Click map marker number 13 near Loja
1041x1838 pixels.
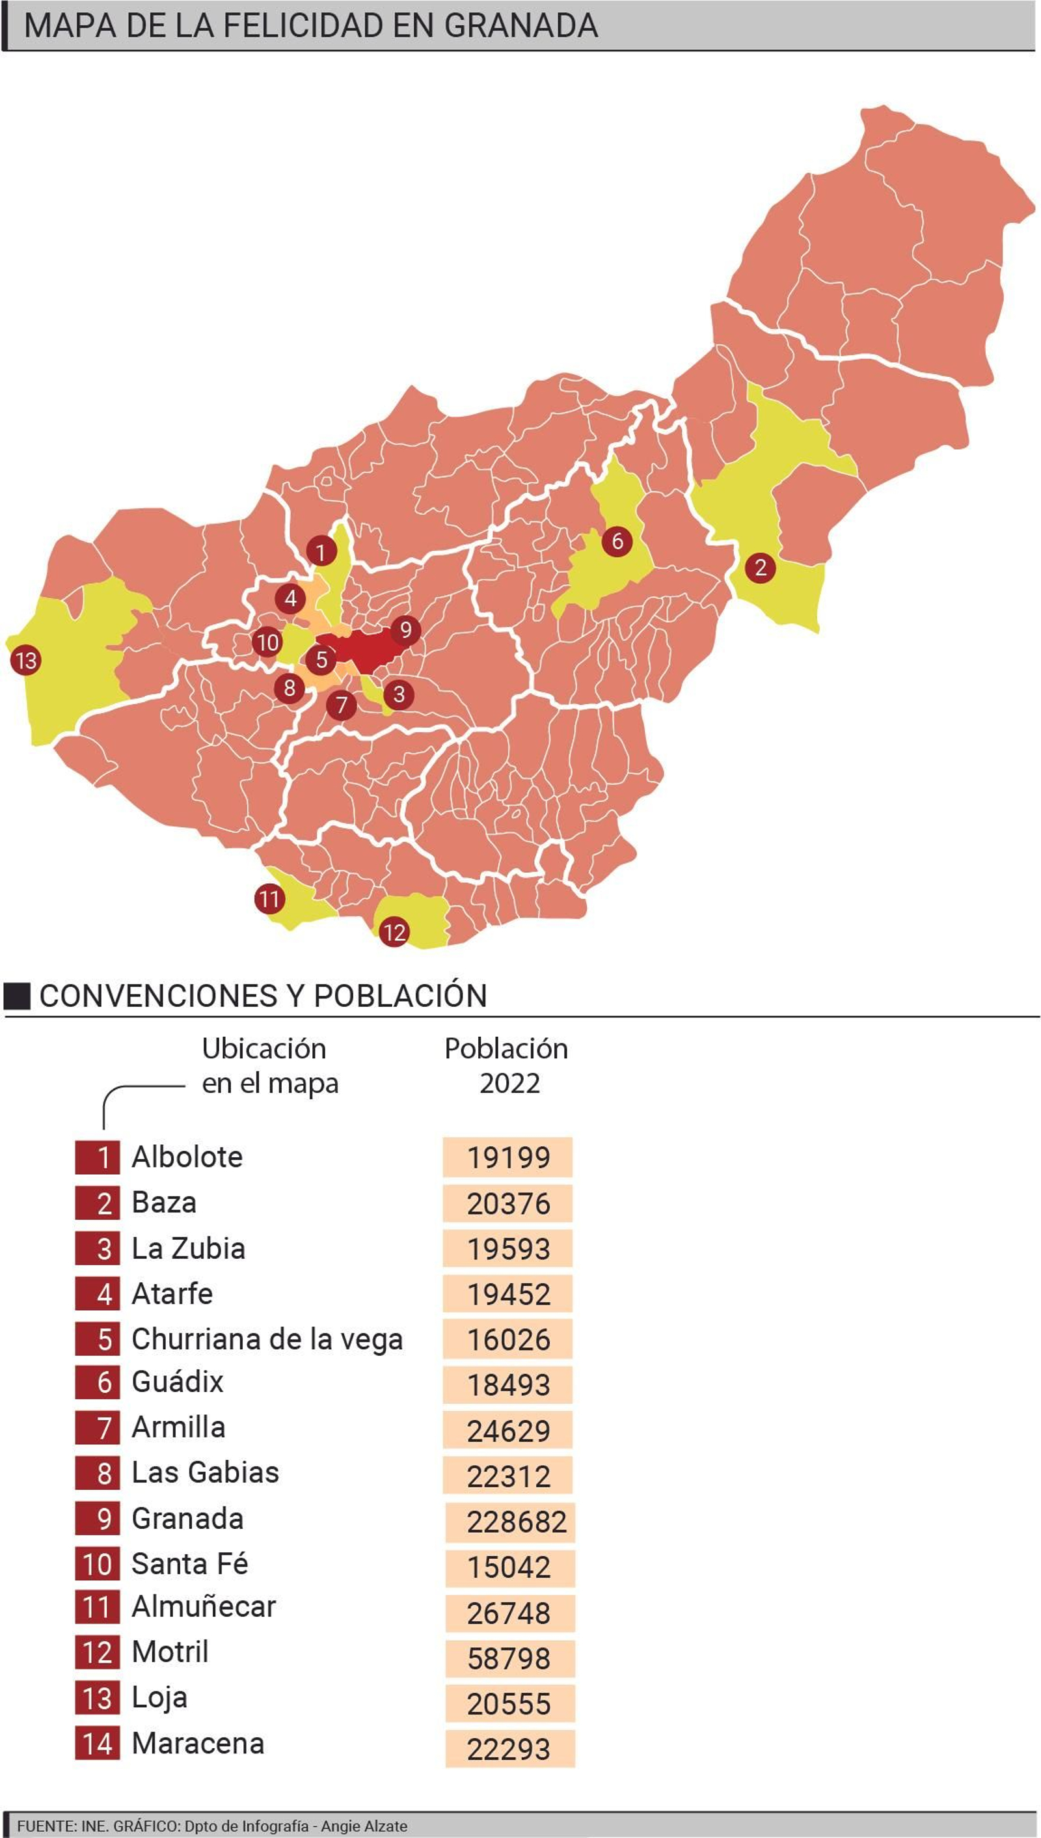tap(27, 660)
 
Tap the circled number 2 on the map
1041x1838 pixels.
tap(760, 568)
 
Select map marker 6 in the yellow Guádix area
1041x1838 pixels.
tap(617, 541)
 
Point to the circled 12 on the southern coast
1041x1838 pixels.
tap(394, 932)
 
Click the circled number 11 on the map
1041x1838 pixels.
tap(269, 898)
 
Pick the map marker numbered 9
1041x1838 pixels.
tap(405, 630)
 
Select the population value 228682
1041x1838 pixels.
tap(516, 1522)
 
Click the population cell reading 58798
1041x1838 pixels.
tap(509, 1658)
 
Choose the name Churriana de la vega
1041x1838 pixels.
tap(267, 1339)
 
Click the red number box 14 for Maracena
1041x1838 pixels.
tap(97, 1744)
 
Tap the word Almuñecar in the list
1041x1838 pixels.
tap(204, 1607)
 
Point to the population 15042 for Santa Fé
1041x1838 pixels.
tap(509, 1567)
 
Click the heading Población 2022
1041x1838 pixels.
tap(506, 1065)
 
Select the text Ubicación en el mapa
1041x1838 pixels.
tap(269, 1065)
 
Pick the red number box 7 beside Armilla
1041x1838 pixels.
tap(97, 1427)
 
